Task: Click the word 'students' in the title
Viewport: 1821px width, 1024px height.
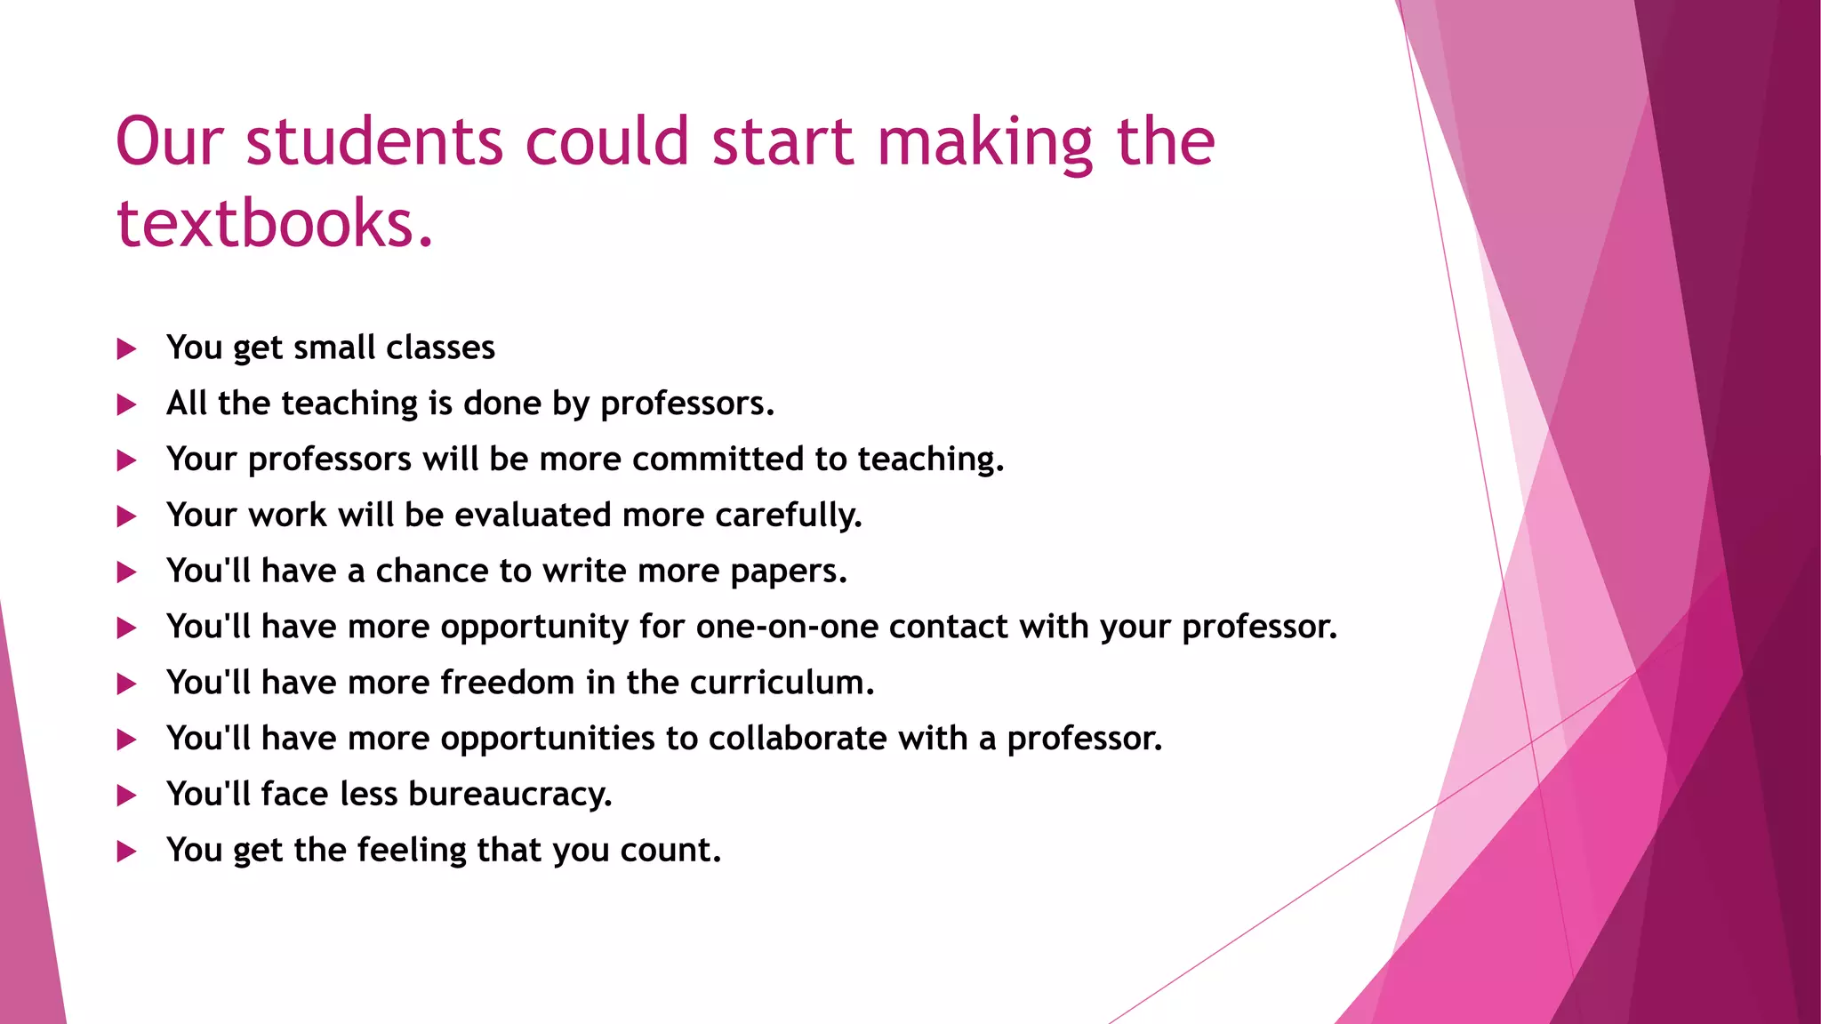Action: pyautogui.click(x=374, y=141)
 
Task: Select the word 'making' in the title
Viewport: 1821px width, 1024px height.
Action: pyautogui.click(x=984, y=141)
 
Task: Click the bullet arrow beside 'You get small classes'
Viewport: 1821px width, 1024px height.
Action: pyautogui.click(x=127, y=349)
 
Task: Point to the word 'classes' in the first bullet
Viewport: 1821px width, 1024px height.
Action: pyautogui.click(x=440, y=348)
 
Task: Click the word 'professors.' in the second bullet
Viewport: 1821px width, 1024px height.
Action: pyautogui.click(x=687, y=404)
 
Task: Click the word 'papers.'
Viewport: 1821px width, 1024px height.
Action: pyautogui.click(x=789, y=572)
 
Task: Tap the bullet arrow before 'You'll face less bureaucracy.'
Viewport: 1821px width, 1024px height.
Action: pyautogui.click(x=127, y=796)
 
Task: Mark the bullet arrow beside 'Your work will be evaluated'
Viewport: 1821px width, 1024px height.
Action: pyautogui.click(x=127, y=516)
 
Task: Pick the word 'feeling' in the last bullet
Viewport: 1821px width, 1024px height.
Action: pyautogui.click(x=412, y=851)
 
